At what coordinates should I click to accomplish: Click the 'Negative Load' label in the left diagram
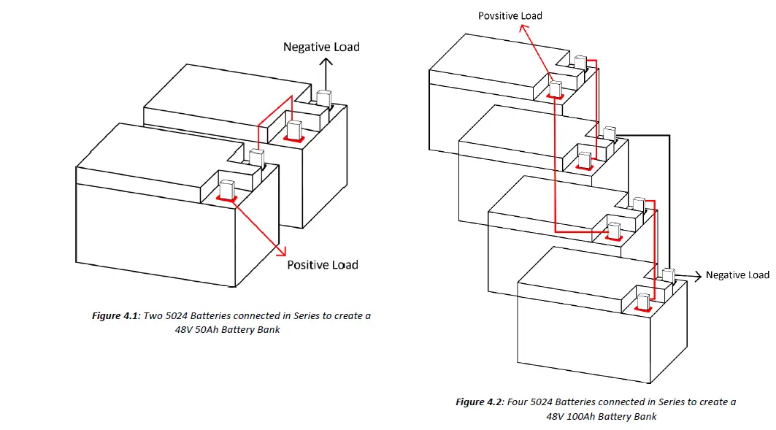click(321, 47)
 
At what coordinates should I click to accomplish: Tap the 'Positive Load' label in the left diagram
click(322, 264)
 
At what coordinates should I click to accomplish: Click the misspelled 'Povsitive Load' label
click(510, 15)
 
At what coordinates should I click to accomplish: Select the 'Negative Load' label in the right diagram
click(737, 275)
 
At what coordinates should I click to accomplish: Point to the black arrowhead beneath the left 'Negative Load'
click(326, 63)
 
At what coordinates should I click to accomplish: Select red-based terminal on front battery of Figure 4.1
click(226, 190)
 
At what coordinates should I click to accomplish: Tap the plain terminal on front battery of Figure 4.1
click(256, 158)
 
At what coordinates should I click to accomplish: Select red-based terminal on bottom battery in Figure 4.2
click(643, 302)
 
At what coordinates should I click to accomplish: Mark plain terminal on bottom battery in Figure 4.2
click(668, 276)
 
